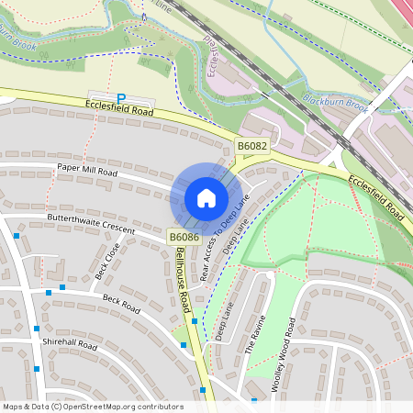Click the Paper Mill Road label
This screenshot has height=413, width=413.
click(87, 171)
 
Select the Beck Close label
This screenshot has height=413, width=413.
click(107, 261)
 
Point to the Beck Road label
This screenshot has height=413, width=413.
click(119, 300)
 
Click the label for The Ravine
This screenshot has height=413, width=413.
click(256, 336)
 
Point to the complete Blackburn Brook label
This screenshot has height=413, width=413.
click(336, 106)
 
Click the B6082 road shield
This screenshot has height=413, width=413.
click(251, 145)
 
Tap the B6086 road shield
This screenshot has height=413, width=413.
click(181, 237)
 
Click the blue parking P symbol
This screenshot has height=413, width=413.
click(120, 98)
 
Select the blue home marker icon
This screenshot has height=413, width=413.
click(206, 197)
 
